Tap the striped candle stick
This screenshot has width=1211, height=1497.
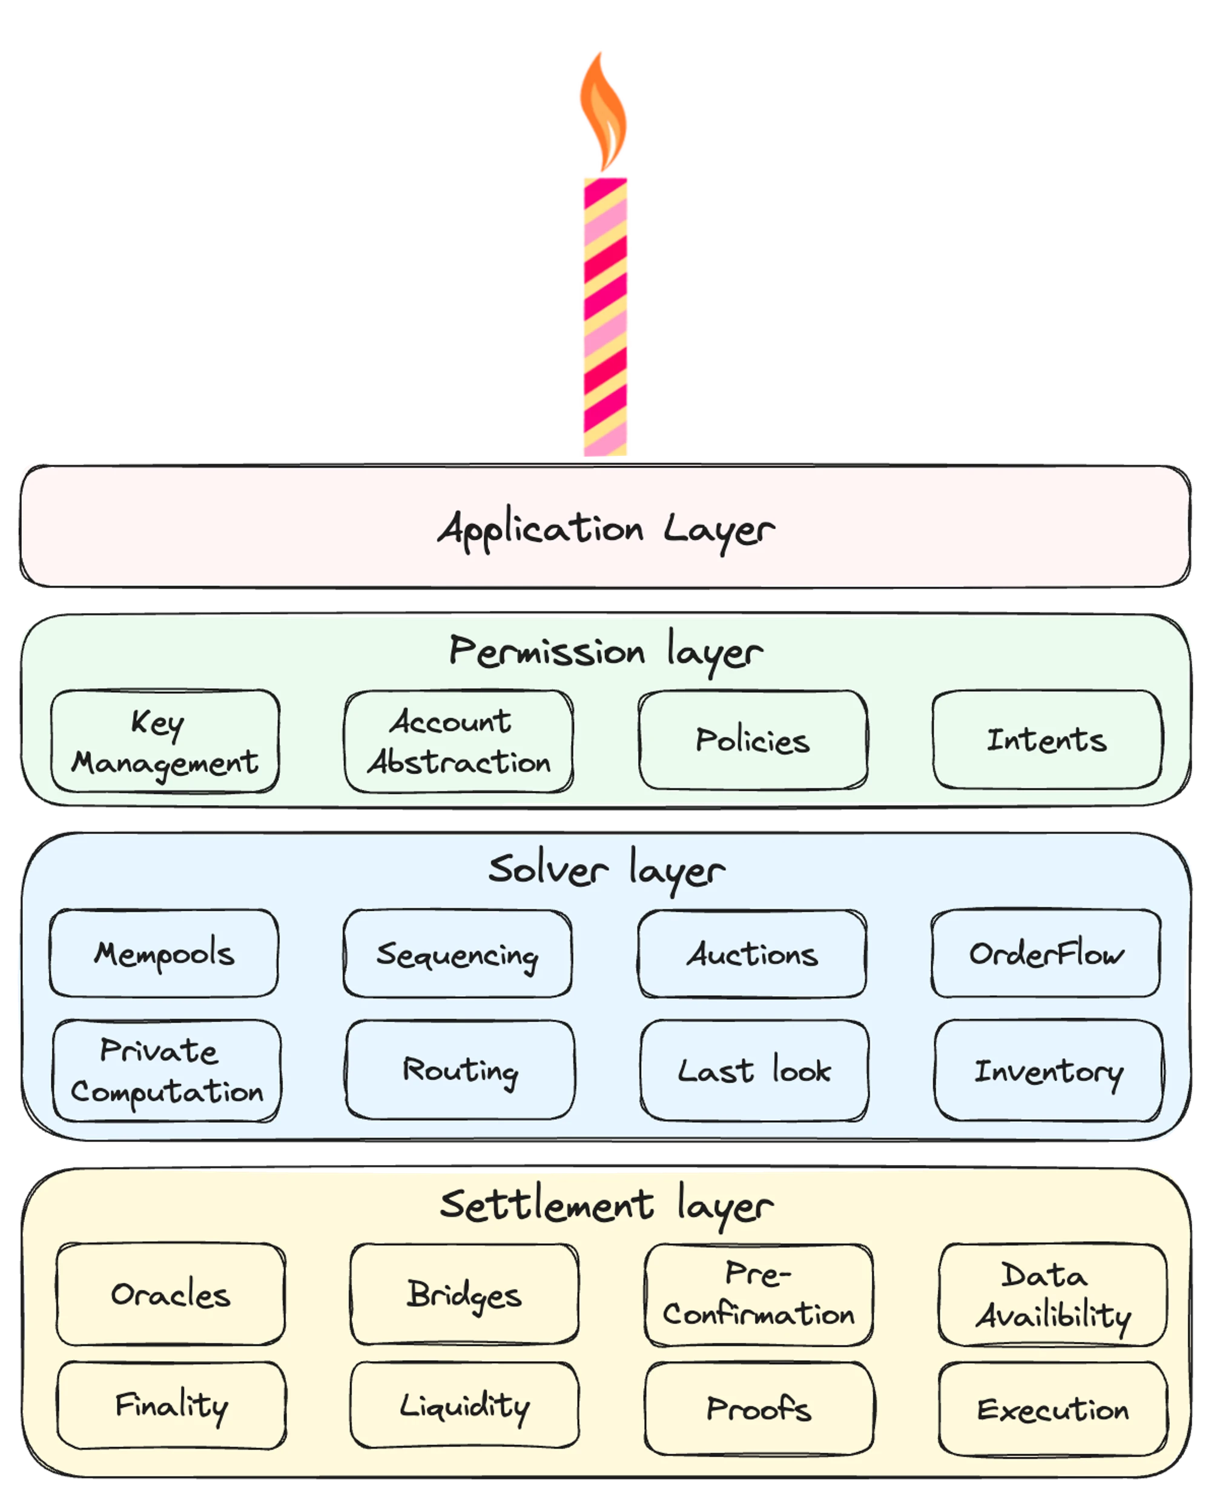point(605,317)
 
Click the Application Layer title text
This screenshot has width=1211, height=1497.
point(605,531)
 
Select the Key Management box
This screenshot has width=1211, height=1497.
point(165,741)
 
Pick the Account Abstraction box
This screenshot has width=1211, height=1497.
point(458,741)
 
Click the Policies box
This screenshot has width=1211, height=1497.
point(753,740)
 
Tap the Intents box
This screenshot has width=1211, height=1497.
point(1047,739)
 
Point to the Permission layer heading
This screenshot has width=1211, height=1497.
point(605,652)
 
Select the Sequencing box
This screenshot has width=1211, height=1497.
point(458,954)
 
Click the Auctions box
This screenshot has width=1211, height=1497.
point(752,954)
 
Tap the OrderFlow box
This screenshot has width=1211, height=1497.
point(1046,952)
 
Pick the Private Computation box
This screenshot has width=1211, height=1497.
point(167,1070)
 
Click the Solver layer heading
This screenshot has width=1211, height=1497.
point(606,871)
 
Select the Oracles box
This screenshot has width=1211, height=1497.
point(171,1294)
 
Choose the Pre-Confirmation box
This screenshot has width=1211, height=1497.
point(759,1295)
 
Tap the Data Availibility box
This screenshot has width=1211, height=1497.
point(1052,1294)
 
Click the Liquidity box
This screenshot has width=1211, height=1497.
point(464,1405)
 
